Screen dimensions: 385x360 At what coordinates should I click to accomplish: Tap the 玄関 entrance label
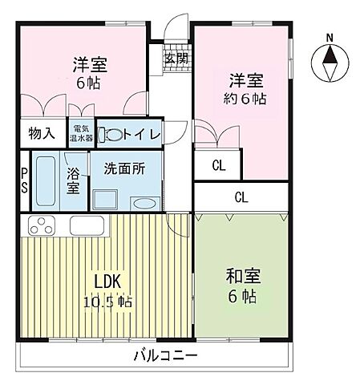176,58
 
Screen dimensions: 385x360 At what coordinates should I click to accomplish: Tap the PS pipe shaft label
25,181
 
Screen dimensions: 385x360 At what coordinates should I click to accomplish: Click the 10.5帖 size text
109,302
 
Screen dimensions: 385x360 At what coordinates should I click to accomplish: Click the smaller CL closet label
218,166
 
